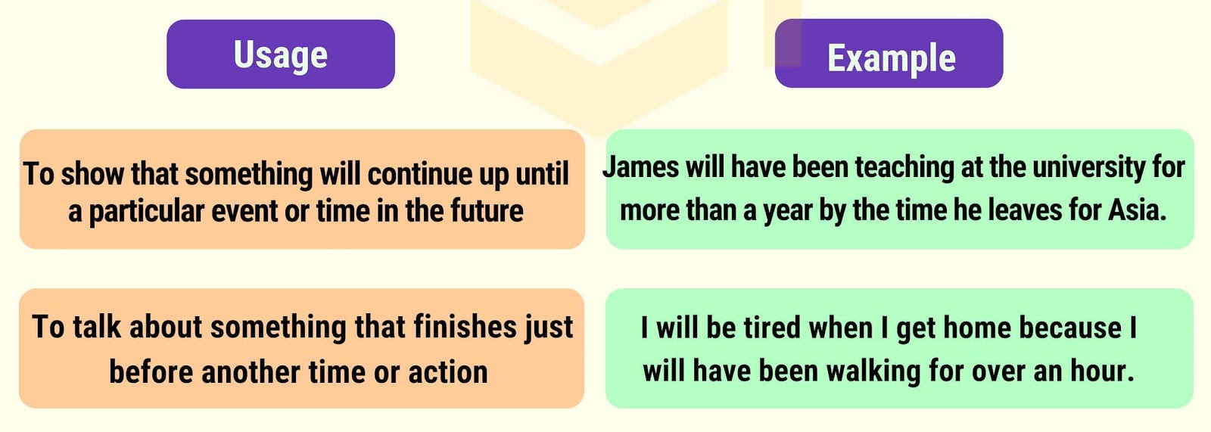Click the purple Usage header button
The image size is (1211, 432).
tap(281, 54)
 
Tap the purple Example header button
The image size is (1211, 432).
tap(889, 54)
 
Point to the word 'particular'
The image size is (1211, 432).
tap(146, 211)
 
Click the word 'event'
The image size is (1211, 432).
tap(244, 211)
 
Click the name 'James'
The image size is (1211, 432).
tap(640, 167)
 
